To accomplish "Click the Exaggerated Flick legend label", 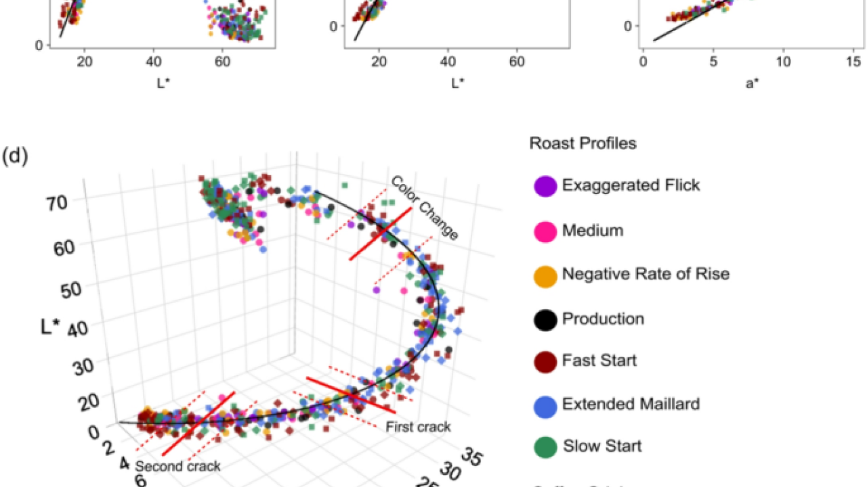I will click(x=631, y=185).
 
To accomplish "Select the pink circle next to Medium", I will click(x=545, y=231).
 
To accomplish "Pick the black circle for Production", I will click(x=545, y=319).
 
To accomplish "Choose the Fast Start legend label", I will click(x=599, y=361).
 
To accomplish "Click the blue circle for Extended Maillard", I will click(x=545, y=404).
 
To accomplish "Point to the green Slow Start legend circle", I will click(x=545, y=446).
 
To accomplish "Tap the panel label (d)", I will click(x=15, y=157).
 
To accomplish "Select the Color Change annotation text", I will click(x=424, y=208).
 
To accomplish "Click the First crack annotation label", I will click(x=418, y=427).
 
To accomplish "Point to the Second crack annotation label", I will click(x=177, y=466).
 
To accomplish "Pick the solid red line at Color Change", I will click(x=380, y=233).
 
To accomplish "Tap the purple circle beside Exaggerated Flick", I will click(x=545, y=185).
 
